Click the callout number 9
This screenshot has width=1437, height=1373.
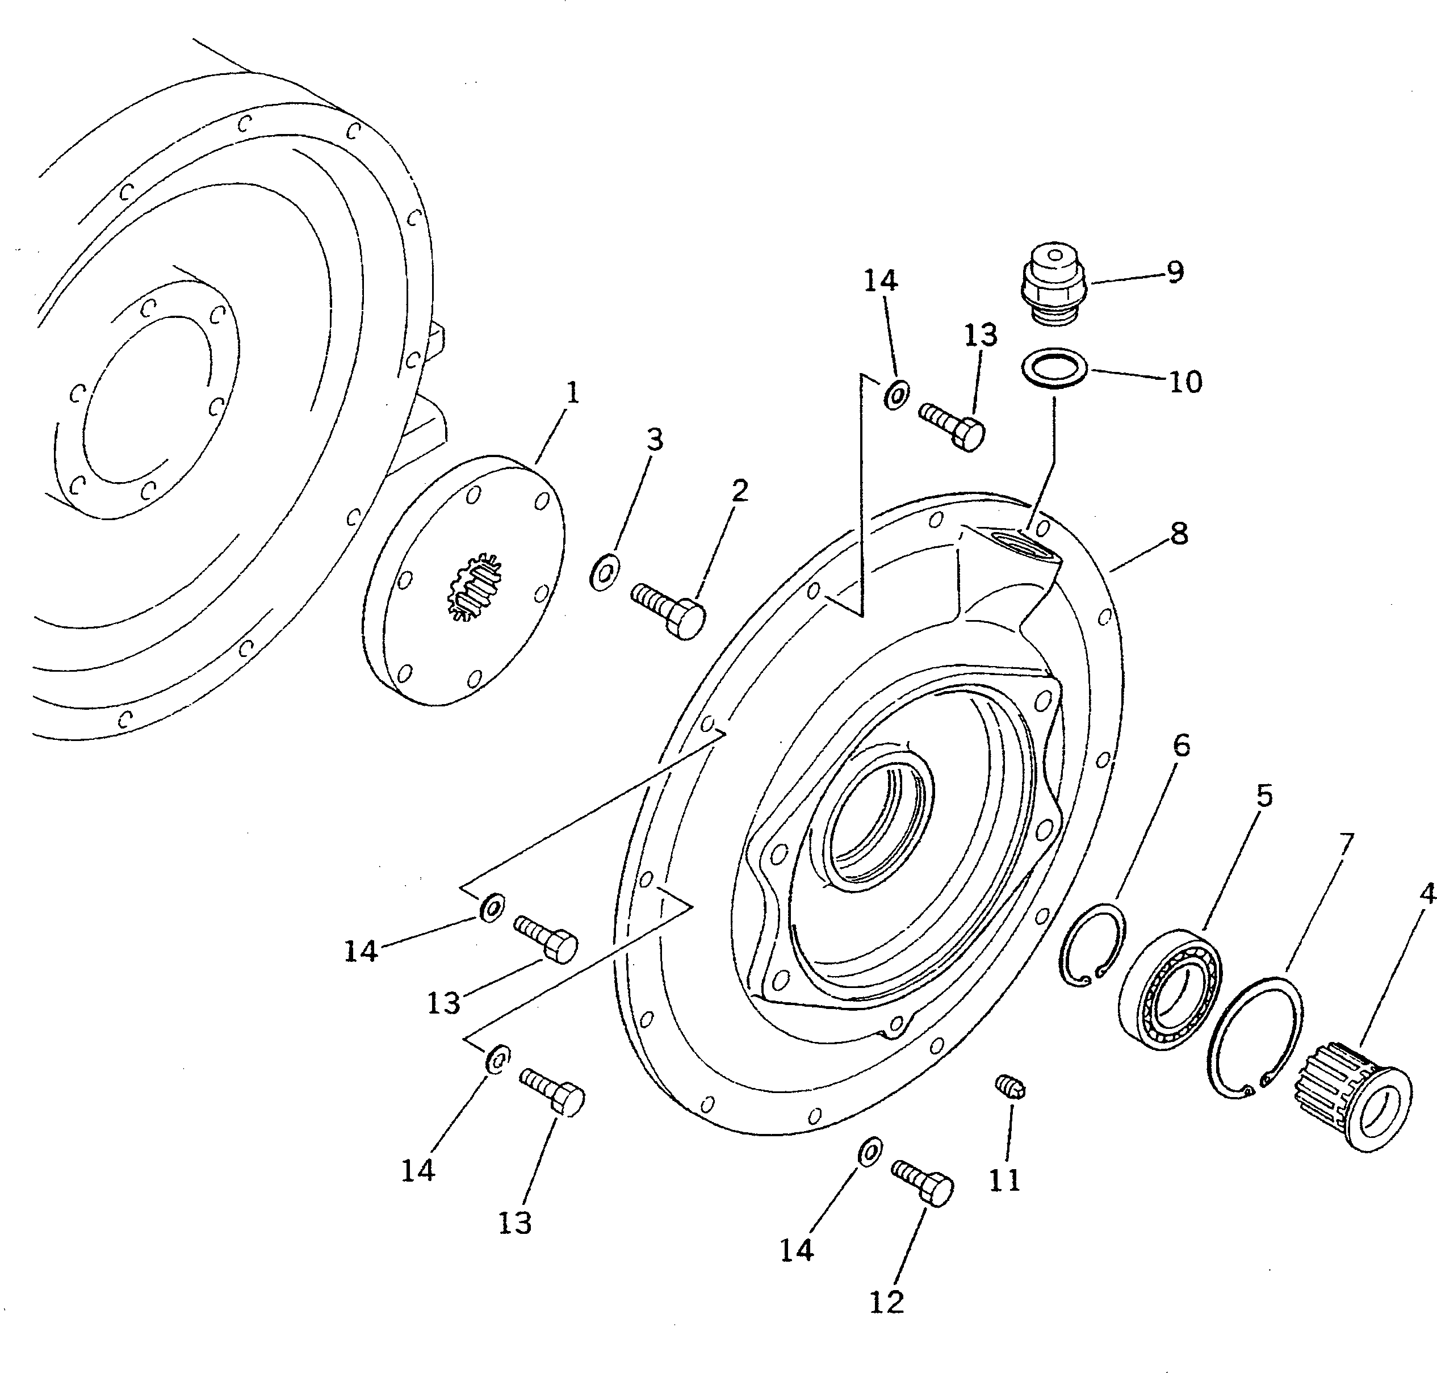click(x=1175, y=272)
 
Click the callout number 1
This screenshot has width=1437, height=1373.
click(x=573, y=393)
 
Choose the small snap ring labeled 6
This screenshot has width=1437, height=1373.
click(x=1092, y=944)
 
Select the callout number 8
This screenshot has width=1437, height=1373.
click(x=1179, y=534)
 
